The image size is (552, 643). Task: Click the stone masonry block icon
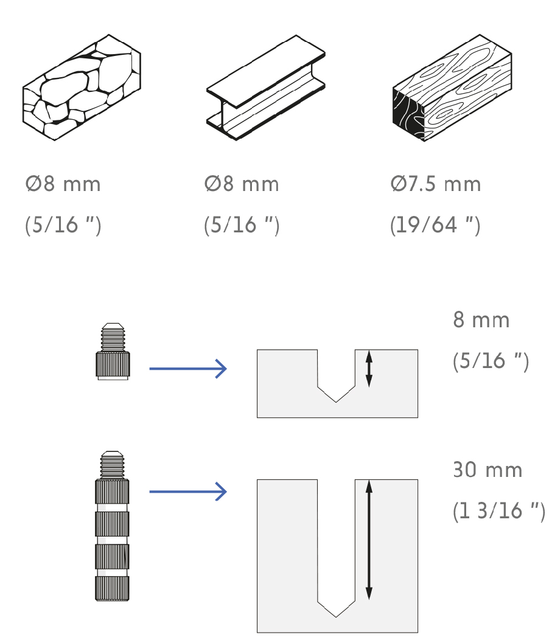point(82,88)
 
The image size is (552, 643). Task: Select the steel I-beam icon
point(265,88)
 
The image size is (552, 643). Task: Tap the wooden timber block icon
point(452,88)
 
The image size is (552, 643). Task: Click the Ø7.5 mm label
point(435,184)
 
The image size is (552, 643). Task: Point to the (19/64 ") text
point(435,224)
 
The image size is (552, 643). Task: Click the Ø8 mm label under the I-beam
point(242,184)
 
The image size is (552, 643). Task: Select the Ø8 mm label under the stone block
point(63,184)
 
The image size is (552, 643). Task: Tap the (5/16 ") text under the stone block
point(63,224)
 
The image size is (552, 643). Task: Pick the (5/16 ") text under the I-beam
point(242,224)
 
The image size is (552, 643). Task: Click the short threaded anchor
point(113,352)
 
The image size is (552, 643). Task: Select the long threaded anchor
point(112,526)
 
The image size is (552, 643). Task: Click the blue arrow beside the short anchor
point(188,369)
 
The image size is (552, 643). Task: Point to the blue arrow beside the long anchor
point(188,492)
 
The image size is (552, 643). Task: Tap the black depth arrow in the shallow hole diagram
point(369,369)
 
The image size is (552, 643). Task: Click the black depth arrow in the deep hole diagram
point(369,540)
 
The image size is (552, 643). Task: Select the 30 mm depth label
point(487,470)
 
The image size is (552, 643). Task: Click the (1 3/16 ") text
point(499,511)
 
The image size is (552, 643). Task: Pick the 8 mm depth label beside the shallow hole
point(481,320)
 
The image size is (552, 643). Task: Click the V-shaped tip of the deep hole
point(336,617)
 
